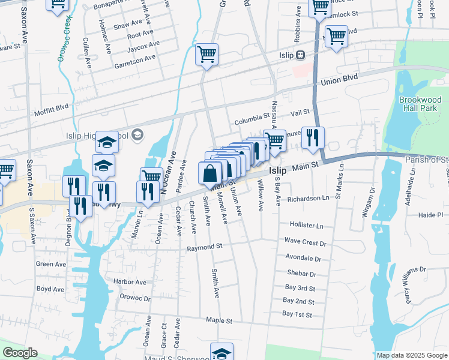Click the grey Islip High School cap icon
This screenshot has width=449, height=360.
[x=137, y=134]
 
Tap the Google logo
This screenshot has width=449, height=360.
[x=20, y=353]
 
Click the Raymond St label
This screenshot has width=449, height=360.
[x=204, y=247]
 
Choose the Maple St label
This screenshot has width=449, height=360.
[x=218, y=321]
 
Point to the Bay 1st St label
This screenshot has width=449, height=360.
[x=298, y=314]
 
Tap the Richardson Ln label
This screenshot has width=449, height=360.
[x=309, y=198]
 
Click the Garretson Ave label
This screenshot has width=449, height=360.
[x=135, y=57]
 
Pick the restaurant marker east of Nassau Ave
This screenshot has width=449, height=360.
[x=312, y=137]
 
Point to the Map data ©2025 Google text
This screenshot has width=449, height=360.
[x=412, y=355]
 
